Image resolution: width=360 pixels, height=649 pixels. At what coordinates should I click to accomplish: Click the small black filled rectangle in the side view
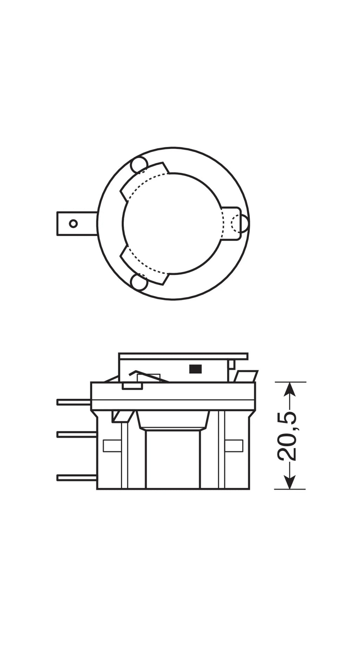click(x=195, y=369)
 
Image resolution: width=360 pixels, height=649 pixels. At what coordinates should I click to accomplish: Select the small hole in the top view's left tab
click(x=73, y=223)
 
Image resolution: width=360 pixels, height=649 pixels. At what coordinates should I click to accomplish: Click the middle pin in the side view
click(x=77, y=435)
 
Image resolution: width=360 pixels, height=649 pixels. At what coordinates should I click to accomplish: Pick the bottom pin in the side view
click(x=77, y=478)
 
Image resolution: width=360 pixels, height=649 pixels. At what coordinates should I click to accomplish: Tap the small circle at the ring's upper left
click(x=139, y=165)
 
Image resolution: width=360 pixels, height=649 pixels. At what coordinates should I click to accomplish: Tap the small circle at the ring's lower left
click(x=139, y=282)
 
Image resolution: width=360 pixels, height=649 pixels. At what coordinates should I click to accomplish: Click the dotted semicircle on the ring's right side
click(x=236, y=223)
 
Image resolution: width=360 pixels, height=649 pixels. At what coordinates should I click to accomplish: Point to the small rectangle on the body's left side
click(x=112, y=446)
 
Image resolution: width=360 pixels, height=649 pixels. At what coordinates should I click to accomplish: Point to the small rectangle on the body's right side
click(x=234, y=446)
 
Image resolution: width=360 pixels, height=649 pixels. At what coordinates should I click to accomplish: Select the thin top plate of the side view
click(x=183, y=356)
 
